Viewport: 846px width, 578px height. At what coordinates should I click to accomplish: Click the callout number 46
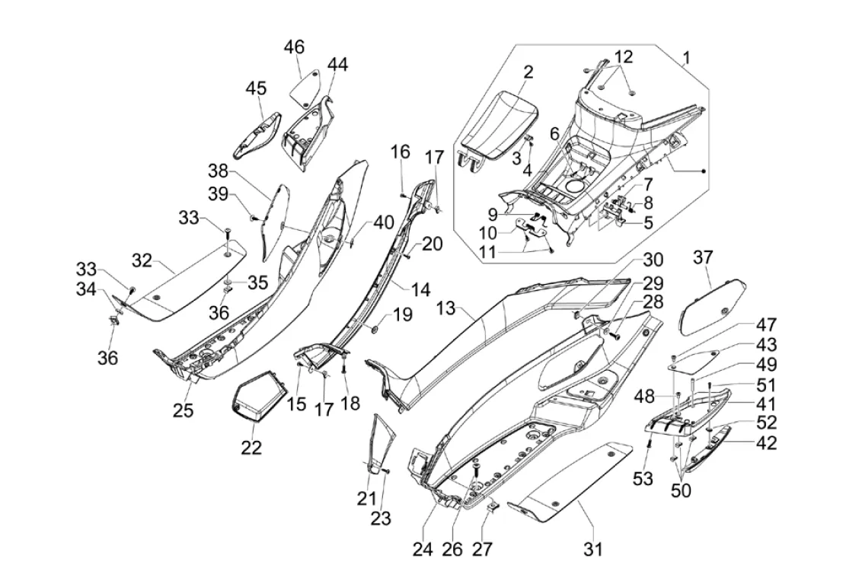(294, 48)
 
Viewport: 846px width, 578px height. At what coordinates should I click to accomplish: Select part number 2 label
(528, 72)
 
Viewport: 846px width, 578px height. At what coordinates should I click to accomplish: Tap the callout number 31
(593, 548)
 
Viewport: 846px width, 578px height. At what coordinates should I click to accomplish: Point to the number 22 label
(251, 447)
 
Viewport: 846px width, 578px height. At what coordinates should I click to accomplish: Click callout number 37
(702, 259)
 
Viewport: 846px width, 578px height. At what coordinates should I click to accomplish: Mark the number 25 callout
(183, 410)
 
